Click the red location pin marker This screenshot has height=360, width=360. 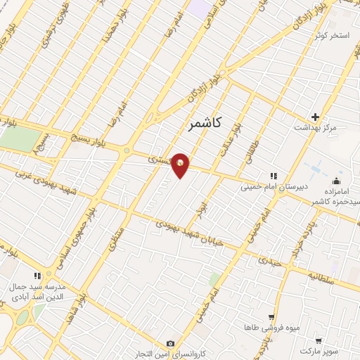pos(181,165)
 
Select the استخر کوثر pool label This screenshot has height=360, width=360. pos(328,34)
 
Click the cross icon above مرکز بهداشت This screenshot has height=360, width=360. pos(315,117)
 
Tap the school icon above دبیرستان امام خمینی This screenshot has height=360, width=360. pos(272,176)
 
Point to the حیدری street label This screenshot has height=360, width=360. pos(268,261)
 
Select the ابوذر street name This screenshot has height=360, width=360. pos(202,209)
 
